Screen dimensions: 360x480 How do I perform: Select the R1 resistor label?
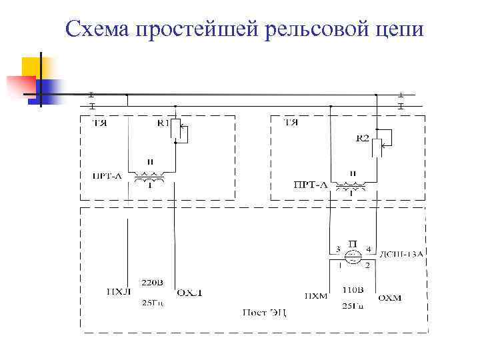163,123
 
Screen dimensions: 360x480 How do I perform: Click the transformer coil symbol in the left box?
149,178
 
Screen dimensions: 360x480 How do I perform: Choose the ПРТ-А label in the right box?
310,185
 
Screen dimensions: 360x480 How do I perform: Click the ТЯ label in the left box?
101,123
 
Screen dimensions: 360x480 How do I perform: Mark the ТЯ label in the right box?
291,123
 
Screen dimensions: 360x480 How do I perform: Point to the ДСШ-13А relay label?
401,254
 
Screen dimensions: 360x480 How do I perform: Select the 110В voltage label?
352,290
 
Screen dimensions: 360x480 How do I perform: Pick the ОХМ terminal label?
389,298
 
